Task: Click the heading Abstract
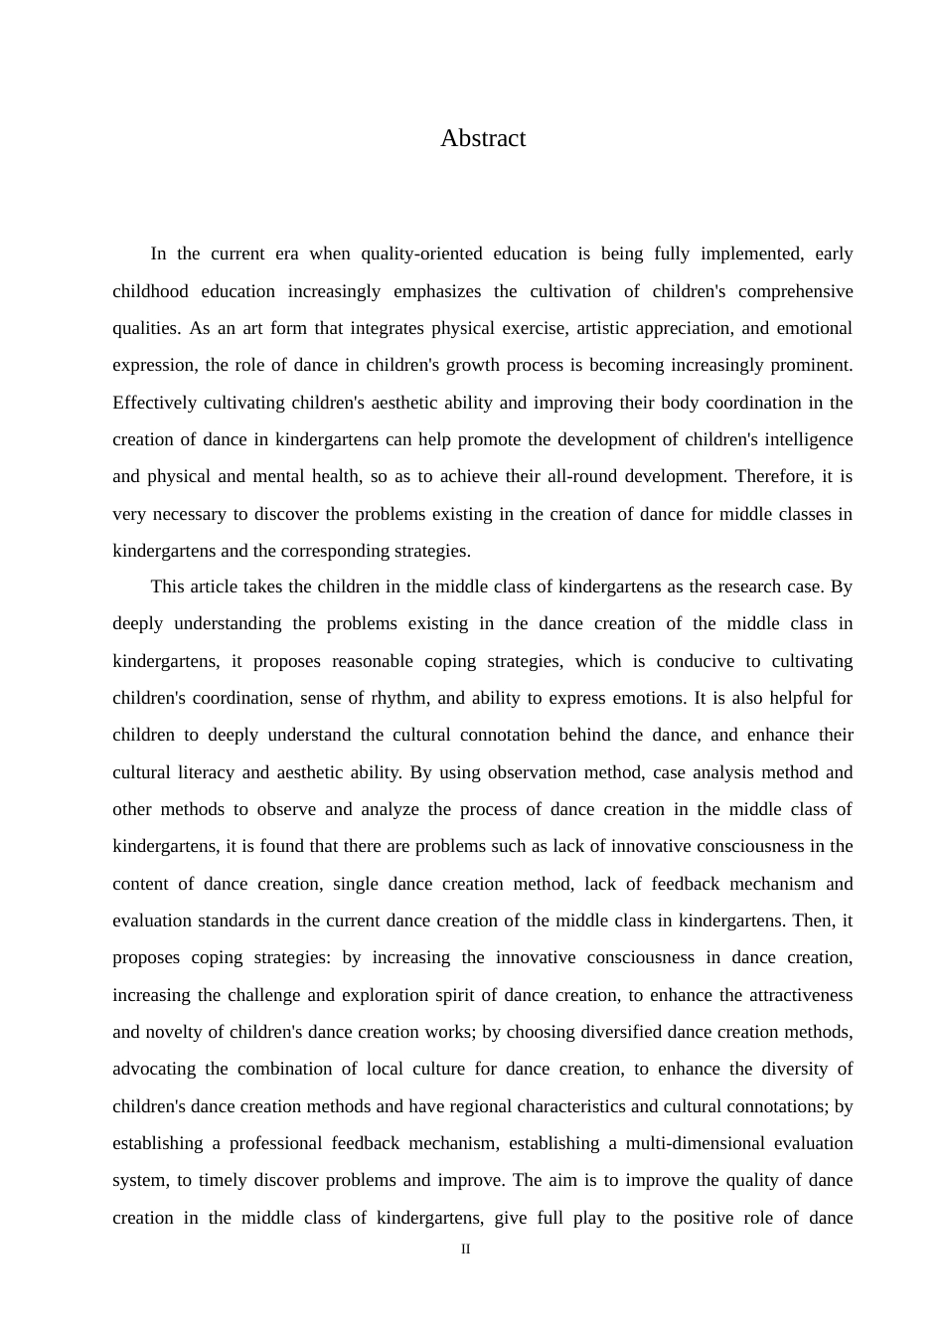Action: [483, 138]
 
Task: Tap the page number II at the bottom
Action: [466, 1250]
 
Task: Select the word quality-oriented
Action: [422, 253]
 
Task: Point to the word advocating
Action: [154, 1069]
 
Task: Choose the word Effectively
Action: [154, 403]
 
